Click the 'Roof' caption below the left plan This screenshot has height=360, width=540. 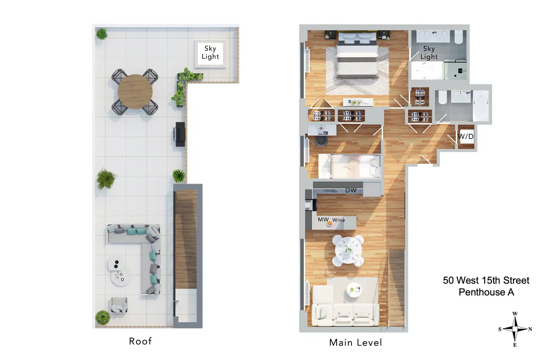[x=140, y=341]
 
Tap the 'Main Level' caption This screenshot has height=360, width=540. [x=355, y=342]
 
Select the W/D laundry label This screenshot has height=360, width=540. [x=465, y=136]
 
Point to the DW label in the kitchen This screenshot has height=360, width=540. [x=351, y=190]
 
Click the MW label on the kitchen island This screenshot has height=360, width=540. [x=323, y=220]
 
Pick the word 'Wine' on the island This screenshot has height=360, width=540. [x=338, y=220]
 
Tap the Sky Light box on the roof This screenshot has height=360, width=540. [x=210, y=53]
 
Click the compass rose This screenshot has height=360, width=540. [x=515, y=329]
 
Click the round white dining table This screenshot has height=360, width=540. [x=348, y=250]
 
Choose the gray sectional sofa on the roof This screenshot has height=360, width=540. [x=144, y=252]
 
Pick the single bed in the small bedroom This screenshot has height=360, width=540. [x=349, y=166]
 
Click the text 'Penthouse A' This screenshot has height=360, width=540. [x=486, y=292]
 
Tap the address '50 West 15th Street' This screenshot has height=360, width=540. [x=486, y=280]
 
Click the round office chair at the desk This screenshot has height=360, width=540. [x=321, y=141]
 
